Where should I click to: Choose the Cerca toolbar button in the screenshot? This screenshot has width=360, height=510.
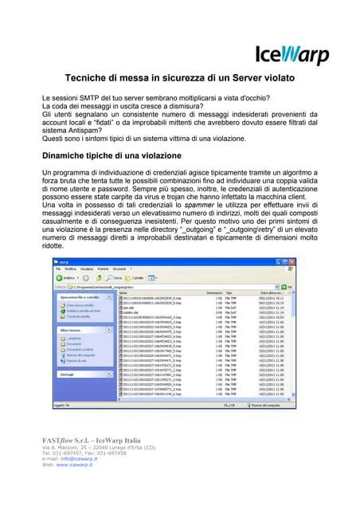click(x=115, y=277)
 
